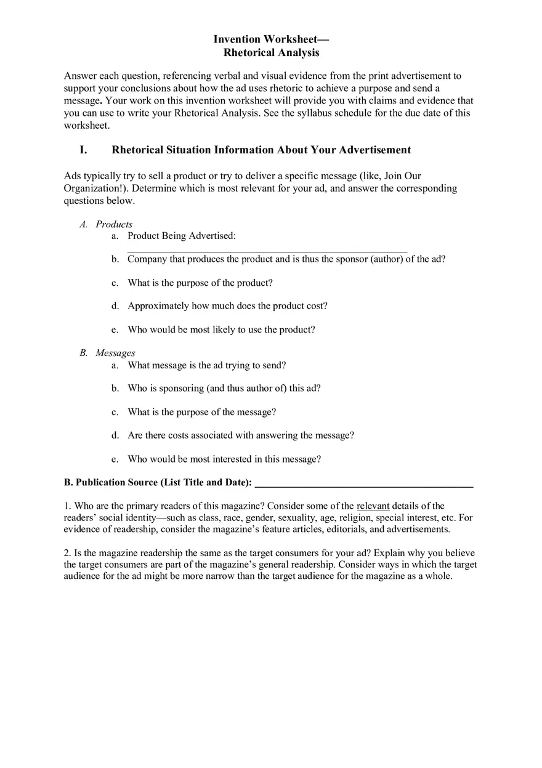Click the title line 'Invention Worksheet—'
(271, 39)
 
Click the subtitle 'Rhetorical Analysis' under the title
(271, 53)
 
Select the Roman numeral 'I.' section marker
(84, 150)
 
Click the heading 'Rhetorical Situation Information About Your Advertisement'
(261, 150)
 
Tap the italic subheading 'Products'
(114, 224)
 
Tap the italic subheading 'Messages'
(115, 353)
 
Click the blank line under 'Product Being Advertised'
(267, 249)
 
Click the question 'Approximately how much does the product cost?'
(227, 306)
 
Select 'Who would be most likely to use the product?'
(221, 329)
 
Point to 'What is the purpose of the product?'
(200, 283)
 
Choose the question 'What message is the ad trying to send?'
(206, 365)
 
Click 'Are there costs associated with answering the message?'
(240, 435)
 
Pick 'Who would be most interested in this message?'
(224, 459)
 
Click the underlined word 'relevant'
(373, 506)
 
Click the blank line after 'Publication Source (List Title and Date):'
(363, 483)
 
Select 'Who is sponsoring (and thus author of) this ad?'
(224, 389)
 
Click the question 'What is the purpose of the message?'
(201, 412)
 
